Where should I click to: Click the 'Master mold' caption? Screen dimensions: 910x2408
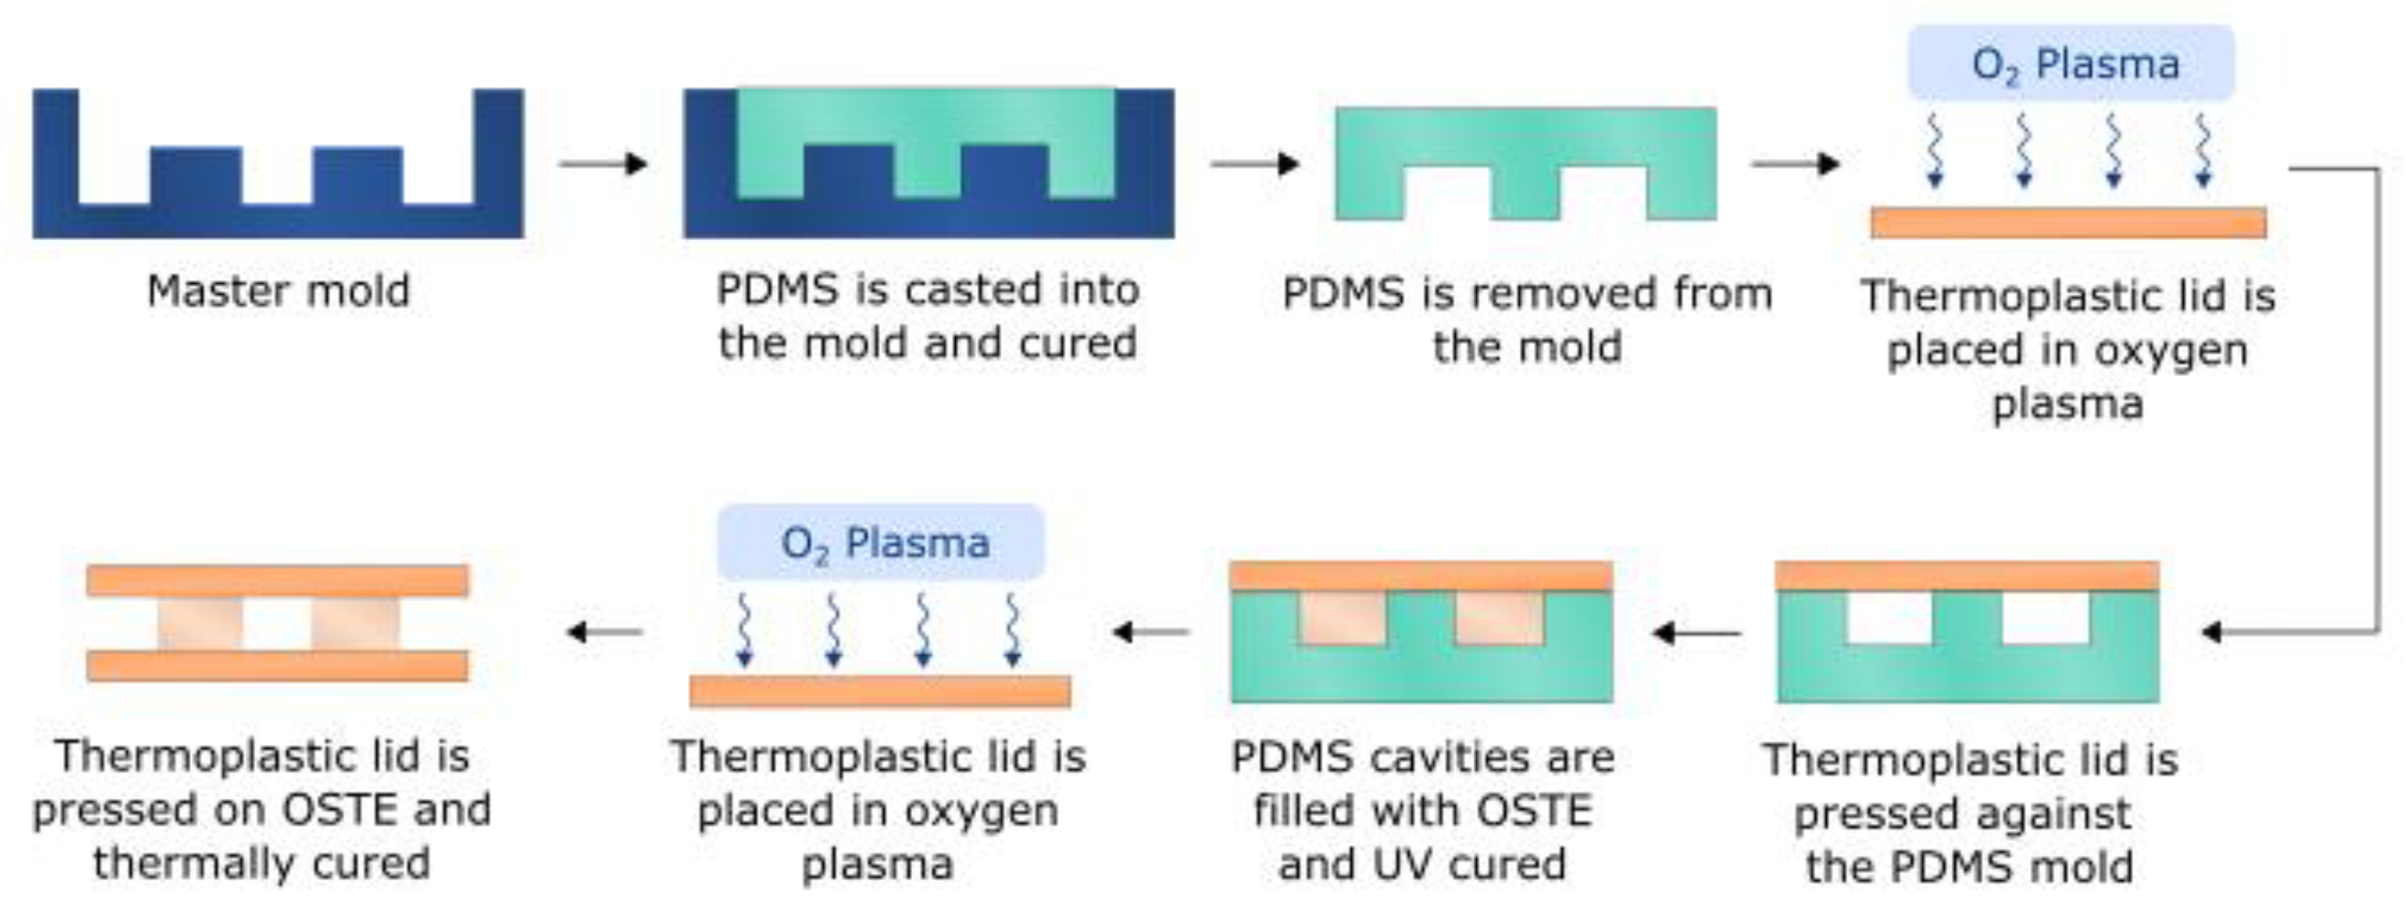coord(278,291)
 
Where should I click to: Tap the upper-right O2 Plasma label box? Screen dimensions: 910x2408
coord(2070,63)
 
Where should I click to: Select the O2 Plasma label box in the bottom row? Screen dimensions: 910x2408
coord(881,543)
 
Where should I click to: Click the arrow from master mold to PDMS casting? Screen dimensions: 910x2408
coord(603,165)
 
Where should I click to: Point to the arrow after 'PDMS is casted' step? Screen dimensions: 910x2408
coord(1255,165)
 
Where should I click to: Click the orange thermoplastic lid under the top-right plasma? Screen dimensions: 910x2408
coord(2068,222)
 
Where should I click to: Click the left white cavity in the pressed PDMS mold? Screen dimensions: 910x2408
coord(1889,619)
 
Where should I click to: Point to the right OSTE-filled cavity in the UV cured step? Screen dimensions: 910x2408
coord(1499,619)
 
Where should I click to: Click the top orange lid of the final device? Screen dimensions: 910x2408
coord(277,580)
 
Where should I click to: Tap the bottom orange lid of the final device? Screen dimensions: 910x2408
coord(277,666)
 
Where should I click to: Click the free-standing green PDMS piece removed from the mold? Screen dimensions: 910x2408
coord(1525,136)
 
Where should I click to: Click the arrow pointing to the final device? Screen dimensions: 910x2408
coord(605,633)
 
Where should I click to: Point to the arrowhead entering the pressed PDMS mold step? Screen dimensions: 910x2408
coord(2212,633)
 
